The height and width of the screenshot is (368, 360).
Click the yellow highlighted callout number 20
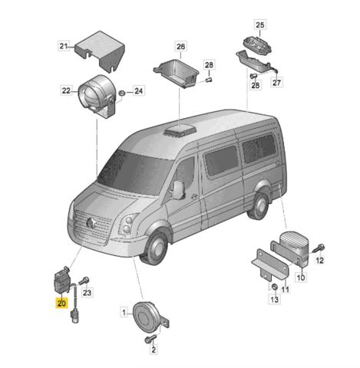[x=62, y=304]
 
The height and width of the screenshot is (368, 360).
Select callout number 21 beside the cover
[x=64, y=46]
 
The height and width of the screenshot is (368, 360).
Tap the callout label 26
[x=180, y=47]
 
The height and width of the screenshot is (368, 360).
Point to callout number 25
[x=260, y=25]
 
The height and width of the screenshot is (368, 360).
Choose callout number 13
[x=274, y=299]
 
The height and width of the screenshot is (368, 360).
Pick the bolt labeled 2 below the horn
[x=150, y=339]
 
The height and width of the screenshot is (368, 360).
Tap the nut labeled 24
[x=123, y=93]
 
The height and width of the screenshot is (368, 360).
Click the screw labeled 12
[x=319, y=248]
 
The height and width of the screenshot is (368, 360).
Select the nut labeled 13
[x=274, y=287]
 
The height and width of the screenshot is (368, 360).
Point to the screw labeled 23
[x=84, y=281]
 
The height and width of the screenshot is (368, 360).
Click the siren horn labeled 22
[x=96, y=97]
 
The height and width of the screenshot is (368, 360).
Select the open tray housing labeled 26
[x=177, y=74]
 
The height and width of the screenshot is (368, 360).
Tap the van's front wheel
[x=155, y=248]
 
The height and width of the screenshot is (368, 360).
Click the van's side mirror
[x=178, y=189]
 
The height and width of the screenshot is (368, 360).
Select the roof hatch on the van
[x=180, y=130]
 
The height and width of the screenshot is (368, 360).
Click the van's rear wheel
[x=259, y=206]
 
